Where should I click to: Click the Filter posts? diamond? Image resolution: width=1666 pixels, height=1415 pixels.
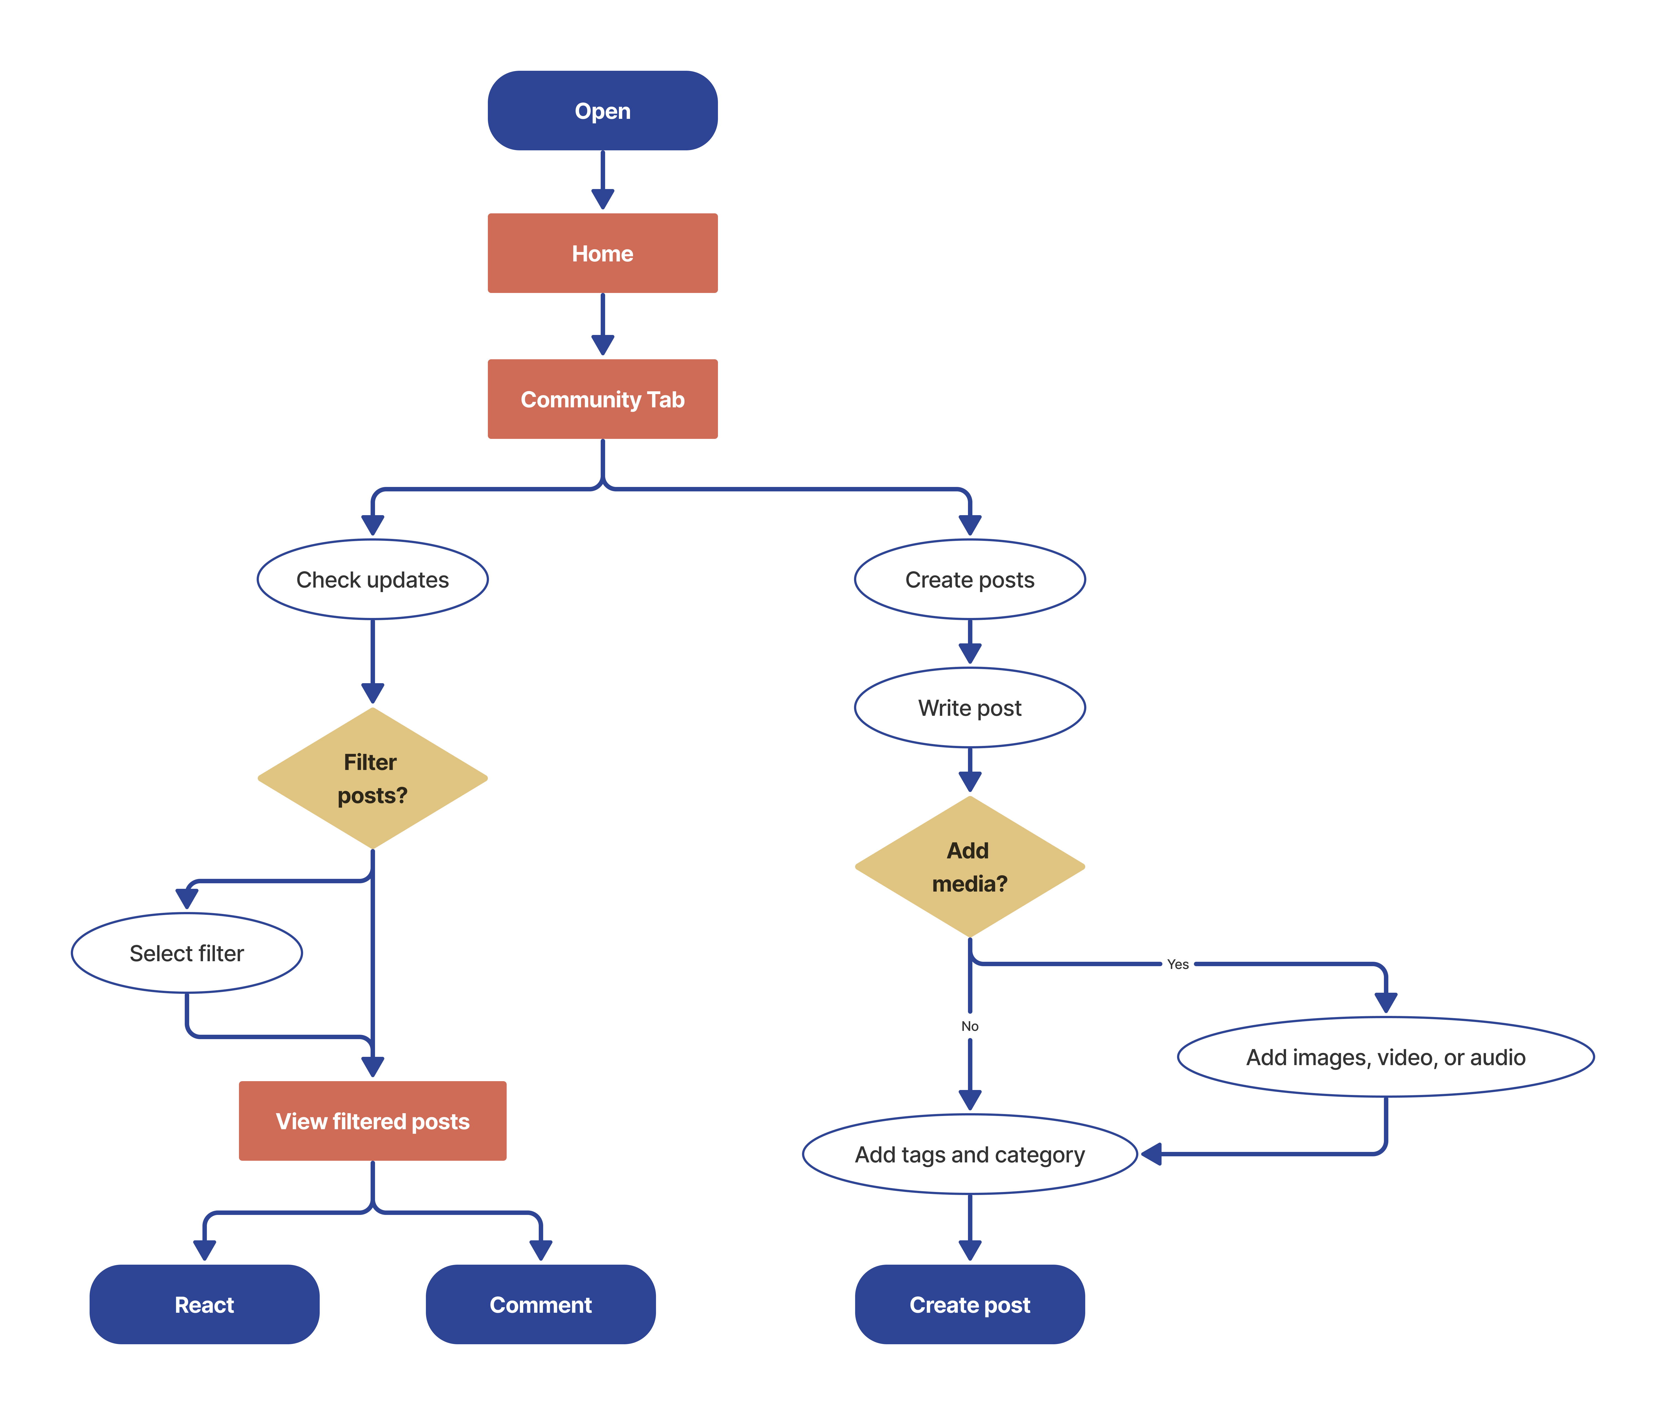point(372,778)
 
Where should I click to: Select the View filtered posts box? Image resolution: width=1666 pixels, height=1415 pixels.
point(372,1121)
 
